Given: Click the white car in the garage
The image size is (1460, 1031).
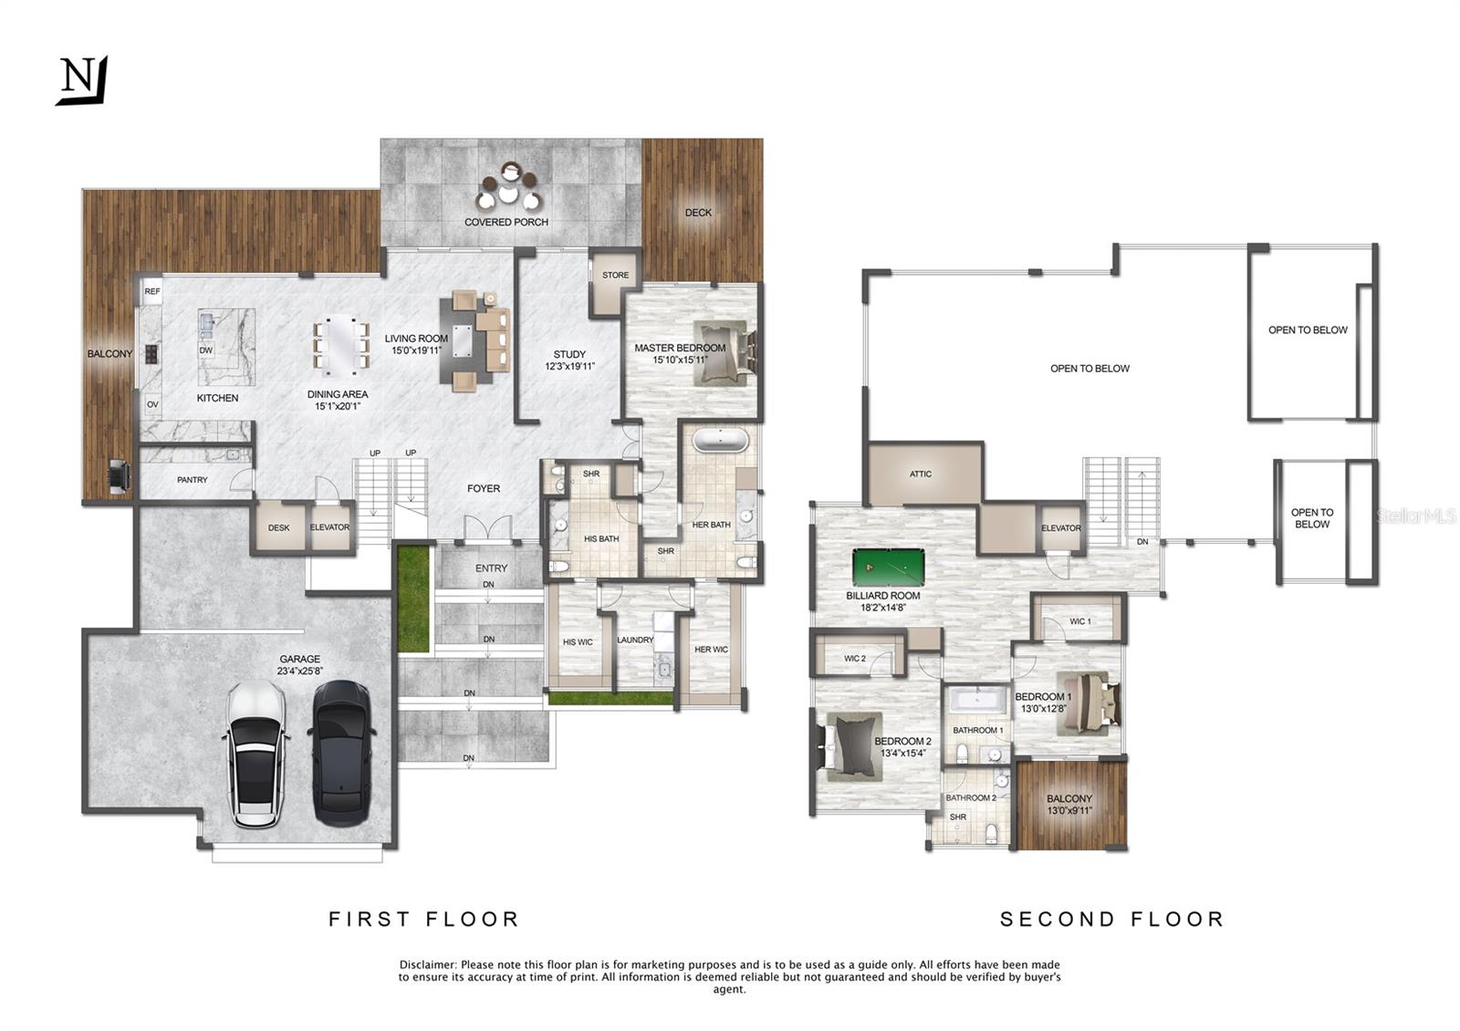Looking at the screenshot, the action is pyautogui.click(x=256, y=755).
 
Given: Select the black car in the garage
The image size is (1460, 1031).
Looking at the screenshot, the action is pyautogui.click(x=342, y=754).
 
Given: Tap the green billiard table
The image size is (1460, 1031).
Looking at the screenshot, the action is pyautogui.click(x=889, y=568).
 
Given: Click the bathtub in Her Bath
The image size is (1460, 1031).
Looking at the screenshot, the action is pyautogui.click(x=720, y=441).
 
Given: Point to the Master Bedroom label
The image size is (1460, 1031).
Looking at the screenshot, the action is pyautogui.click(x=680, y=348).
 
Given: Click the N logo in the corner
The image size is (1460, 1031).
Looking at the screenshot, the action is pyautogui.click(x=82, y=80).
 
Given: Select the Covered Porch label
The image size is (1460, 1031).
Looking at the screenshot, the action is pyautogui.click(x=506, y=223).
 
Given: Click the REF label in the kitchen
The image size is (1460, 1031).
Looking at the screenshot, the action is pyautogui.click(x=152, y=291).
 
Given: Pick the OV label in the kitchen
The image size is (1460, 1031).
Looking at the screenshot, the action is pyautogui.click(x=152, y=405).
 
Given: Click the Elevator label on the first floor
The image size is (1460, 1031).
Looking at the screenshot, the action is pyautogui.click(x=329, y=527).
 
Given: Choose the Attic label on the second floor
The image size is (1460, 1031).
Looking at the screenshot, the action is pyautogui.click(x=921, y=474).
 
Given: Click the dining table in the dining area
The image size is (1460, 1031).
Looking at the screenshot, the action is pyautogui.click(x=341, y=345).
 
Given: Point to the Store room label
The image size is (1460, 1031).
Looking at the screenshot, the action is pyautogui.click(x=615, y=275).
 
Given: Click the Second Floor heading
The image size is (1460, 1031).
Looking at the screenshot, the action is pyautogui.click(x=1112, y=919).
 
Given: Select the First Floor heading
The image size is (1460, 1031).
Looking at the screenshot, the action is pyautogui.click(x=423, y=919).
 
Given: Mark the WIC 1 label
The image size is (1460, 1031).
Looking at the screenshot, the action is pyautogui.click(x=1080, y=621).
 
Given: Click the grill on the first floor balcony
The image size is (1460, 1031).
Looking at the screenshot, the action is pyautogui.click(x=120, y=475).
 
